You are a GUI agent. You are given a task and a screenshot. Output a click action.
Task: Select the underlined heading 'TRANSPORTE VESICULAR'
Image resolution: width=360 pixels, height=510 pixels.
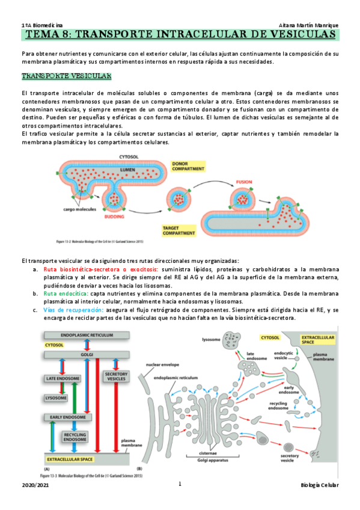[66, 77]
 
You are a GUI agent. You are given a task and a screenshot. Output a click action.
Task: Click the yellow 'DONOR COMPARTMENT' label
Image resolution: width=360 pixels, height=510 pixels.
[188, 167]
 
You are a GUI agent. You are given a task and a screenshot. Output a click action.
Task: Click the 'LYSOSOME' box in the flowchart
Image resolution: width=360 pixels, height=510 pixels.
[58, 398]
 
